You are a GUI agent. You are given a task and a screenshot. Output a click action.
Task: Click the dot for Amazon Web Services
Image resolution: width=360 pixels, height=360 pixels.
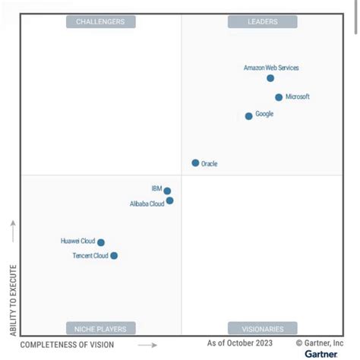(270, 78)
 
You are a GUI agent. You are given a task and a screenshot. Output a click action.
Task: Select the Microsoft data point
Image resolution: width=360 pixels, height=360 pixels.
(279, 97)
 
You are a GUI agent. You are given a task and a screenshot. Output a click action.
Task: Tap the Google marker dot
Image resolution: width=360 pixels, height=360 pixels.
(248, 116)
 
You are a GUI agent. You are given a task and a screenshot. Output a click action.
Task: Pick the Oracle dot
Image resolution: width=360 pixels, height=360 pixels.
(195, 163)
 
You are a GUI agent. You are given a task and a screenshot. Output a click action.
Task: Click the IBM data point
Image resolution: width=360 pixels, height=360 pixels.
(167, 191)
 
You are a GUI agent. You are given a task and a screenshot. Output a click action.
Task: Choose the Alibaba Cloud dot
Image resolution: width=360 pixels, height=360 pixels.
(169, 201)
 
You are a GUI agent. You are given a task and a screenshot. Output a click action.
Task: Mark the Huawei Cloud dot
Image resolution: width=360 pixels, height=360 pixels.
(101, 243)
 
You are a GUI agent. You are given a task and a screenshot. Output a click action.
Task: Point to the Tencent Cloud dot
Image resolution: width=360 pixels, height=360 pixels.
(114, 256)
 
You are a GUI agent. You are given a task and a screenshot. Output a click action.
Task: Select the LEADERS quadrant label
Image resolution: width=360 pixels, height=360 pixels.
(262, 22)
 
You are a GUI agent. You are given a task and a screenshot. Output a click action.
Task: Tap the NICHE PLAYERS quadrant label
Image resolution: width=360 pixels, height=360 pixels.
(100, 329)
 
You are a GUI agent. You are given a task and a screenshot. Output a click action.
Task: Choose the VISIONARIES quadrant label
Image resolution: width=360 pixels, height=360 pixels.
(262, 329)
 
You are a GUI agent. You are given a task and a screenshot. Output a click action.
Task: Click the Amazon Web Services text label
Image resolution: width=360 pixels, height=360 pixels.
(271, 68)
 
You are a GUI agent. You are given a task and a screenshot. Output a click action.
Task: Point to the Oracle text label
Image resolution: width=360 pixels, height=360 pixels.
(209, 163)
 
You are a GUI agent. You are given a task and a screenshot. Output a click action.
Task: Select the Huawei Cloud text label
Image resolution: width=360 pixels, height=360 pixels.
(77, 242)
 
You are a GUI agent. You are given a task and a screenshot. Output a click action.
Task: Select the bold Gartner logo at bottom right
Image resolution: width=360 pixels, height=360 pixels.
(321, 354)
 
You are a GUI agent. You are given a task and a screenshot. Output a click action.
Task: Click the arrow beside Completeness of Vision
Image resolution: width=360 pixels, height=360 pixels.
(137, 345)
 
